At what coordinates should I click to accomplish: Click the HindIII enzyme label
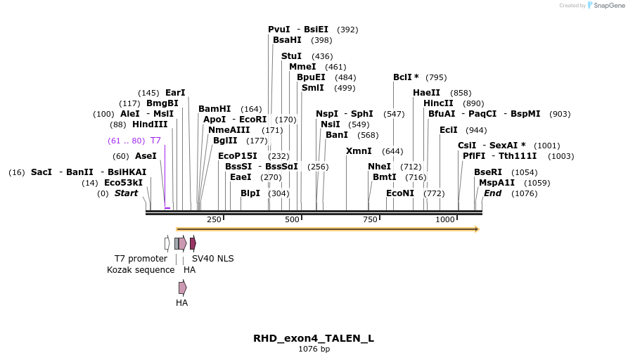(x=150, y=124)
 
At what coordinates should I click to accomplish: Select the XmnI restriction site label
(x=359, y=151)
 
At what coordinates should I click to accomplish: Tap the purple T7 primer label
(x=155, y=141)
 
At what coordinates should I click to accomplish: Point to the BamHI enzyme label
(x=214, y=109)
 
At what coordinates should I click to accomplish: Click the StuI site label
(x=291, y=56)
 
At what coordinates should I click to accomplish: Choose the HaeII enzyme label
(x=426, y=93)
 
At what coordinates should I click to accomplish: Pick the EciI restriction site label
(x=448, y=130)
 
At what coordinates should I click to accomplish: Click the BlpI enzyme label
(x=250, y=193)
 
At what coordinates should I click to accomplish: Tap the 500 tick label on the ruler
(x=292, y=220)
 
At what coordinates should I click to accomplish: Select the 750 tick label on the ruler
(x=370, y=220)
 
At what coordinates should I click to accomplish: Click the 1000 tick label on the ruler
(x=445, y=220)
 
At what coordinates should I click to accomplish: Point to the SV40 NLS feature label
(x=213, y=259)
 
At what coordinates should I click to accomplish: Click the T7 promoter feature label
(x=141, y=259)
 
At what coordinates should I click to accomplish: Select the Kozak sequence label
(x=141, y=270)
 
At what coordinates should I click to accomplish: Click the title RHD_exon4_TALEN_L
(x=314, y=338)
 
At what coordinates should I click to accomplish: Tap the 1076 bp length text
(x=314, y=349)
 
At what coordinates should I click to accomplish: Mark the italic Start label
(x=127, y=193)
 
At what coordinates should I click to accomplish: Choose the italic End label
(x=492, y=193)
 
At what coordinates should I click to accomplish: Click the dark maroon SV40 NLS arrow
(x=193, y=243)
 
